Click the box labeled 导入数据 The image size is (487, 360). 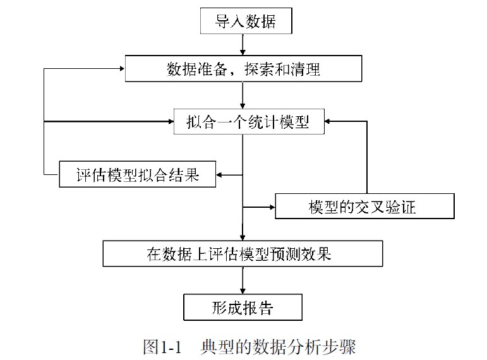246,21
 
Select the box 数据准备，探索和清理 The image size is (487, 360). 243,69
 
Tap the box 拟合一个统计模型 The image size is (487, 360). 249,121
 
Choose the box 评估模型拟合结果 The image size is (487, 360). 137,174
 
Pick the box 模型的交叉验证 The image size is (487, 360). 364,207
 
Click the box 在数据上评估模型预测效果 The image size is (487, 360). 243,254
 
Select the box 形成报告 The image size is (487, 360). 243,308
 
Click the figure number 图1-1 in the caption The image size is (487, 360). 162,347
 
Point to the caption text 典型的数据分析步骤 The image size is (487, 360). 278,347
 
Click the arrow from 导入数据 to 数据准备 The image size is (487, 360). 243,44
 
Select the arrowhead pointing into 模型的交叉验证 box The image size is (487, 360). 272,207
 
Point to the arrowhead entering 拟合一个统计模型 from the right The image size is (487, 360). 329,121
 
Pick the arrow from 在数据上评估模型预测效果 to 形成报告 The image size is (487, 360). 243,280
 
